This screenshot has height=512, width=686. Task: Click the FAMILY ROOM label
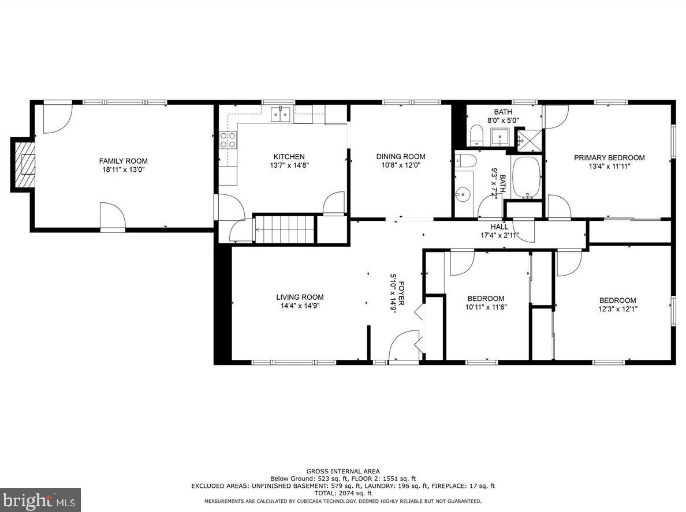(124, 161)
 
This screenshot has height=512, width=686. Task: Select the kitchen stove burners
(228, 140)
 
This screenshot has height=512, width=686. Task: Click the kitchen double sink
(281, 115)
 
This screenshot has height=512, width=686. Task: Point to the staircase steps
(285, 229)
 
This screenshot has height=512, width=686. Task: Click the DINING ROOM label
(401, 156)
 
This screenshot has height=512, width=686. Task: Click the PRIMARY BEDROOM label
(609, 158)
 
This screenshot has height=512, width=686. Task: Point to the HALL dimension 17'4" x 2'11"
(499, 235)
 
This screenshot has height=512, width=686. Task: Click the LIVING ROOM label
(300, 297)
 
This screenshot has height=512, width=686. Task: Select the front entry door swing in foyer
(404, 345)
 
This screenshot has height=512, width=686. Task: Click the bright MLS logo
(40, 500)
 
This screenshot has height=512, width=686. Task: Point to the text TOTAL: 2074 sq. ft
(343, 493)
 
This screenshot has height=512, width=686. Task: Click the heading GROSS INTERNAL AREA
(343, 472)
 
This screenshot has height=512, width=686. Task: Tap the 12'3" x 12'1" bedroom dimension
(618, 309)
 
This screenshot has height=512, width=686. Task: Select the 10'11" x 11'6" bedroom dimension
(486, 307)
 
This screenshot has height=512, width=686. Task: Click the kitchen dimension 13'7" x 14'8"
(289, 165)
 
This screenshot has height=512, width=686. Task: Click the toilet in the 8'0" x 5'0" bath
(476, 135)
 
